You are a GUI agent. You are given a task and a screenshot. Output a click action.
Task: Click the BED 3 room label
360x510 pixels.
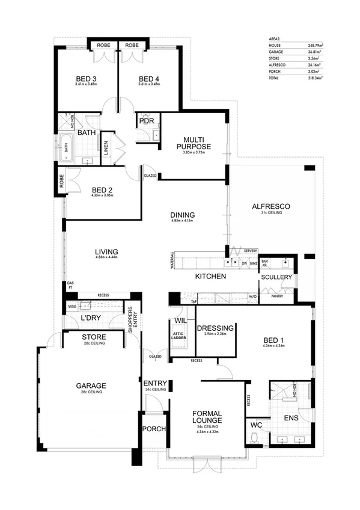(87, 79)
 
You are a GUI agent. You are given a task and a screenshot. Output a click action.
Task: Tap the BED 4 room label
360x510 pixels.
(149, 79)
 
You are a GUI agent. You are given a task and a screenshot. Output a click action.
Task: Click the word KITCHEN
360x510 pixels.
(210, 277)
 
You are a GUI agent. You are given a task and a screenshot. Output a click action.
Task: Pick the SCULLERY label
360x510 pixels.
(276, 277)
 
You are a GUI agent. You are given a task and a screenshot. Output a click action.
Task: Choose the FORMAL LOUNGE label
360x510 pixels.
(208, 417)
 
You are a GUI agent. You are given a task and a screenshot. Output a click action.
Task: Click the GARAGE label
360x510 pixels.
(91, 386)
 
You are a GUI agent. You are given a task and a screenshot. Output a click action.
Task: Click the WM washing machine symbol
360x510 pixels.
(73, 307)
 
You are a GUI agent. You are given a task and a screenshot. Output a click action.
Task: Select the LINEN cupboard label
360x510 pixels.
(106, 149)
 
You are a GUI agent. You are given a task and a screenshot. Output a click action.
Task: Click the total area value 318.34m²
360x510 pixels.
(313, 78)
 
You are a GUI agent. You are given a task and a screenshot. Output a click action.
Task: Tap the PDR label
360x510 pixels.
(147, 120)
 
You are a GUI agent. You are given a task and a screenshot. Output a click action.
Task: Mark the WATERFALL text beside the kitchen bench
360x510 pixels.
(172, 261)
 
